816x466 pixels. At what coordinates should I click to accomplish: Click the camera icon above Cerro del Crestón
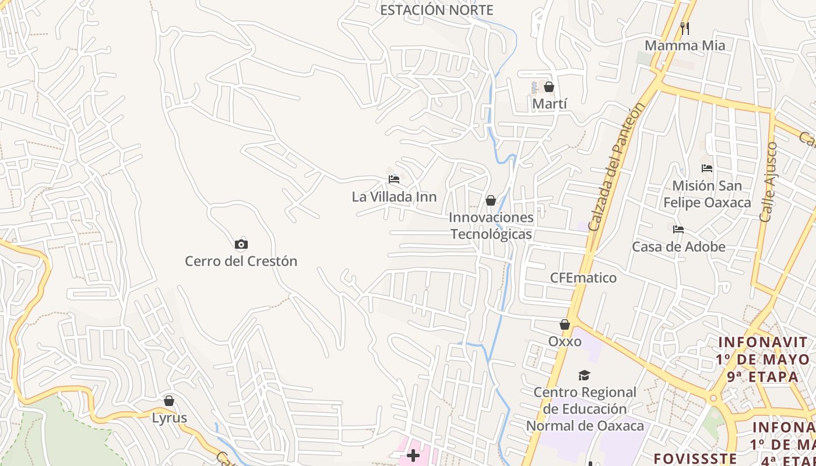click(241, 245)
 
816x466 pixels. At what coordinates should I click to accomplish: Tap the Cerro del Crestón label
click(241, 261)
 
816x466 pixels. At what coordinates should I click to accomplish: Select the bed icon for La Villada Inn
click(394, 179)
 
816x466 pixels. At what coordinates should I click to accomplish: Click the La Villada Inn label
click(394, 197)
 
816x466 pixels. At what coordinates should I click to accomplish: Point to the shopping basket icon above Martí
click(549, 87)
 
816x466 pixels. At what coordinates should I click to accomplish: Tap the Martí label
click(550, 104)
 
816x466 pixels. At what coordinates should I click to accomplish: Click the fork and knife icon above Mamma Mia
click(685, 28)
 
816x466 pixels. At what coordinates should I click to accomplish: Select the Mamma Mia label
click(685, 45)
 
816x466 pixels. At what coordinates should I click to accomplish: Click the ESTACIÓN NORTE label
click(437, 10)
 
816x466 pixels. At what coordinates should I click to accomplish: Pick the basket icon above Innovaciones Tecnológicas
click(491, 201)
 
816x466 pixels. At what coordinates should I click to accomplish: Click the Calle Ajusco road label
click(769, 182)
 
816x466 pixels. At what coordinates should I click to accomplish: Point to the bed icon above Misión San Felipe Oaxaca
click(707, 169)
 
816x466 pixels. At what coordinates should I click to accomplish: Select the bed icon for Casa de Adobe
click(678, 230)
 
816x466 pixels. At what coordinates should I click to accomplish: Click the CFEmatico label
click(583, 278)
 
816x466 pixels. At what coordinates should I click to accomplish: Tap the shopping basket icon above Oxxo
click(565, 324)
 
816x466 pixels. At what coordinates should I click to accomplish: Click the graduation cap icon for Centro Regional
click(584, 375)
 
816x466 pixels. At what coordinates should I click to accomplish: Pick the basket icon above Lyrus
click(169, 401)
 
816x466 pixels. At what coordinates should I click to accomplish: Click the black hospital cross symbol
click(413, 456)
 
